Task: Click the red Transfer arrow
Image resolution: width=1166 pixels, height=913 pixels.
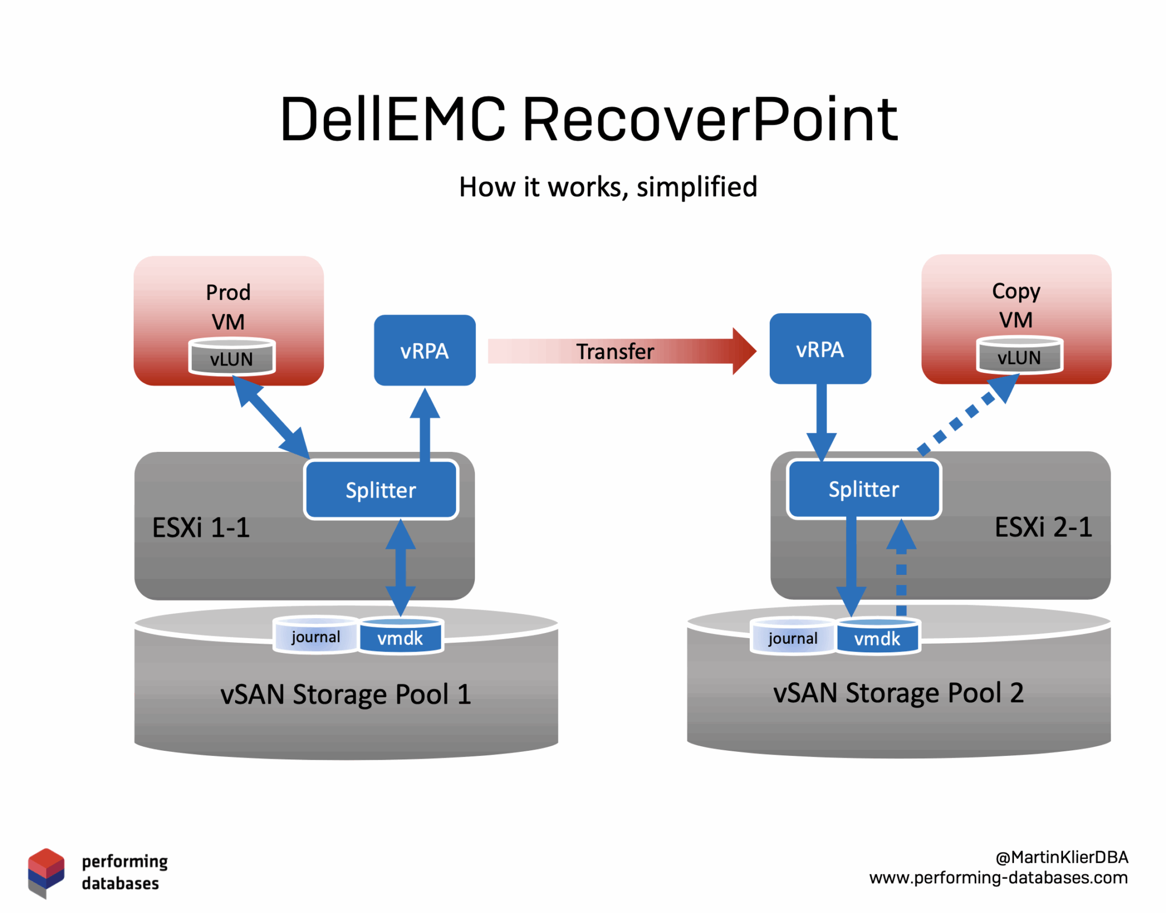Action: point(621,351)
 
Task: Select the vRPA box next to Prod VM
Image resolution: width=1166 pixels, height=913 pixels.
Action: point(424,350)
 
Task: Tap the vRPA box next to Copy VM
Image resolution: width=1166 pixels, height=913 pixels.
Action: point(820,348)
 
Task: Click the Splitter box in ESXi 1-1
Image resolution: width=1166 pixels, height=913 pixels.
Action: point(381,490)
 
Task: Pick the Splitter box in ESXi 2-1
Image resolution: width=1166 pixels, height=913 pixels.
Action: point(864,488)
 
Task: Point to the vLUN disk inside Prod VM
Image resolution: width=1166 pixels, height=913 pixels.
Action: point(232,357)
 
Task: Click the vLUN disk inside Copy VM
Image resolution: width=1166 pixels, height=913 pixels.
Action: point(1019,356)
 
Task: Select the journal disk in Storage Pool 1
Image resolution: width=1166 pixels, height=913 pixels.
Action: point(315,636)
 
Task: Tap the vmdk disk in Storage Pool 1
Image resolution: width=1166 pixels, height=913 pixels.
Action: point(400,636)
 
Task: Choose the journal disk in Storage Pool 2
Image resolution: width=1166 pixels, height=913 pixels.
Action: point(793,637)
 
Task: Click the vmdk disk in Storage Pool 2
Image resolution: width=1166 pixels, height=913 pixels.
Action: point(877,638)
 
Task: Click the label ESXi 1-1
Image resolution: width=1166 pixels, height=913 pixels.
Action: point(201,527)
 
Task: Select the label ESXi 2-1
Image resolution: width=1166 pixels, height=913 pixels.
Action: point(1043,527)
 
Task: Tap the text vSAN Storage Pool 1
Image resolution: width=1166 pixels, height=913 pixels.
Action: point(346,694)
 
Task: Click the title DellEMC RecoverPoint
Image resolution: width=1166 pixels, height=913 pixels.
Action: point(589,119)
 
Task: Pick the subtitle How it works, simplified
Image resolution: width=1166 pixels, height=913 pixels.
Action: point(608,187)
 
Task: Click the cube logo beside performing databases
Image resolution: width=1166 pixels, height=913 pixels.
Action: point(46,872)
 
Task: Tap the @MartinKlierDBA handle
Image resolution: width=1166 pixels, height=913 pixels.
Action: point(1061,857)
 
